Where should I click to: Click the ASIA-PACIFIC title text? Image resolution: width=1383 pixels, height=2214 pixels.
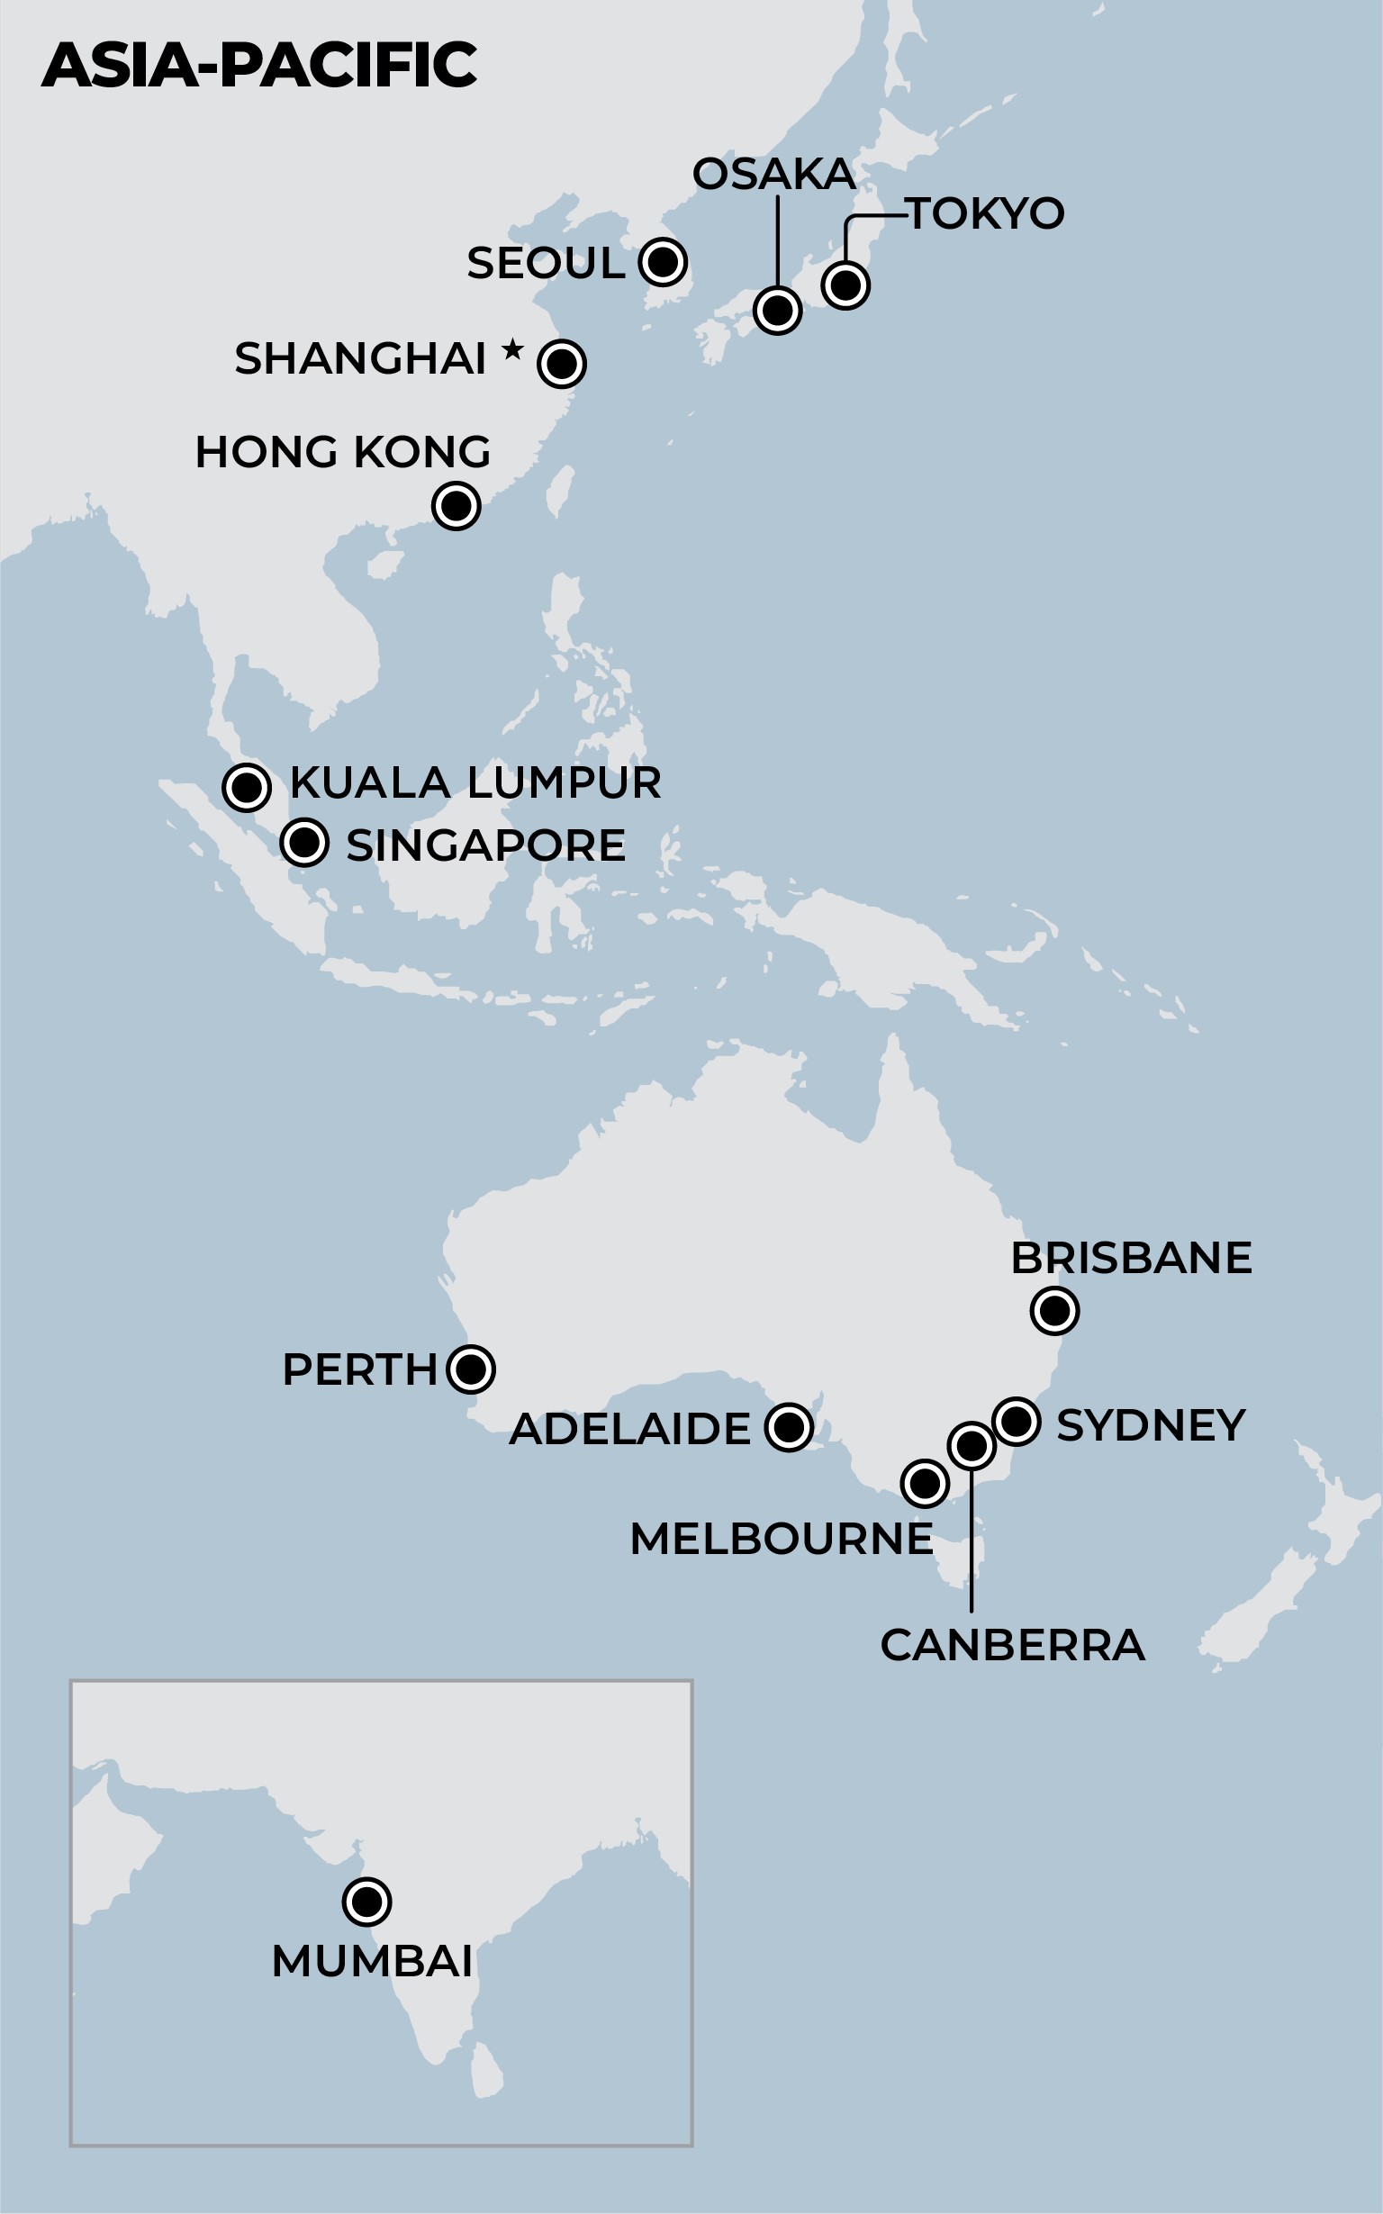pos(258,65)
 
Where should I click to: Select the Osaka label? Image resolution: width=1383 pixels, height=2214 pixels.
pos(773,174)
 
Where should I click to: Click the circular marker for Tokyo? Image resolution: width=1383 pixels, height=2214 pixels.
pos(845,285)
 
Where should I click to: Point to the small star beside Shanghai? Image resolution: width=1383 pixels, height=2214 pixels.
pos(513,348)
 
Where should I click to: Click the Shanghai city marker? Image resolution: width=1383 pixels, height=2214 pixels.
pos(562,363)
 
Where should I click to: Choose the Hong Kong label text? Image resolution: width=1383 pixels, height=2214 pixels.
pos(343,452)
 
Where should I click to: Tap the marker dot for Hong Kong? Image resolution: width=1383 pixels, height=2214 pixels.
pos(456,506)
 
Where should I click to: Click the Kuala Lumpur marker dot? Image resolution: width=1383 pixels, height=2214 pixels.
pos(246,786)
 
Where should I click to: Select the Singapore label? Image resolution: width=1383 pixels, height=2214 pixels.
pos(485,845)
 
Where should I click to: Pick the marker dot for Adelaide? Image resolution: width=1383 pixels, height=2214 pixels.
pos(789,1426)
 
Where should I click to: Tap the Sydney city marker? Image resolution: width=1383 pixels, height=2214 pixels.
pos(1017,1422)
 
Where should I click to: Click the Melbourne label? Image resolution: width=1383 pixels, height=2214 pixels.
pos(782,1539)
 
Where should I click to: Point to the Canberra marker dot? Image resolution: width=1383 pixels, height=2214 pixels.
pos(972,1446)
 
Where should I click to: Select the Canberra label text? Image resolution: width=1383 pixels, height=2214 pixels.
pos(1013,1645)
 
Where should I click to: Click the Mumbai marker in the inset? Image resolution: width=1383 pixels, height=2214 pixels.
pos(366,1902)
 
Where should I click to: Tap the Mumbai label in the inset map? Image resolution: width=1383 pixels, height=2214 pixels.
pos(372,1962)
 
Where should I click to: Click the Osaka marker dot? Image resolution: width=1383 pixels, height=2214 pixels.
pos(777,311)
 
